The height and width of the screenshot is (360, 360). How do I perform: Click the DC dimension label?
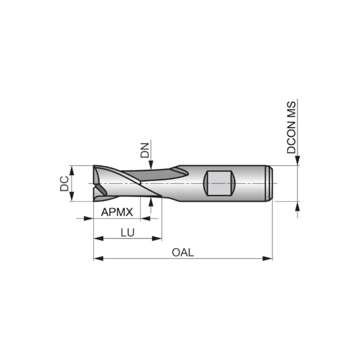point(64,183)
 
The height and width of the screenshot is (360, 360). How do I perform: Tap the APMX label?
point(117,211)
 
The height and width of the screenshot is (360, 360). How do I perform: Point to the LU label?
point(127,233)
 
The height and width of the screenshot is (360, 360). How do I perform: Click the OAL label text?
point(183,253)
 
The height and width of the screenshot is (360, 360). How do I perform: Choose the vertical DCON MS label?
point(291,127)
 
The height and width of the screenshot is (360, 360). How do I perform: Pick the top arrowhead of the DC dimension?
point(72,168)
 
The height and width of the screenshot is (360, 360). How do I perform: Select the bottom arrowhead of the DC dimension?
point(72,198)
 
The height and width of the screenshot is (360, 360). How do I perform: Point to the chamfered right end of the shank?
point(271,183)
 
